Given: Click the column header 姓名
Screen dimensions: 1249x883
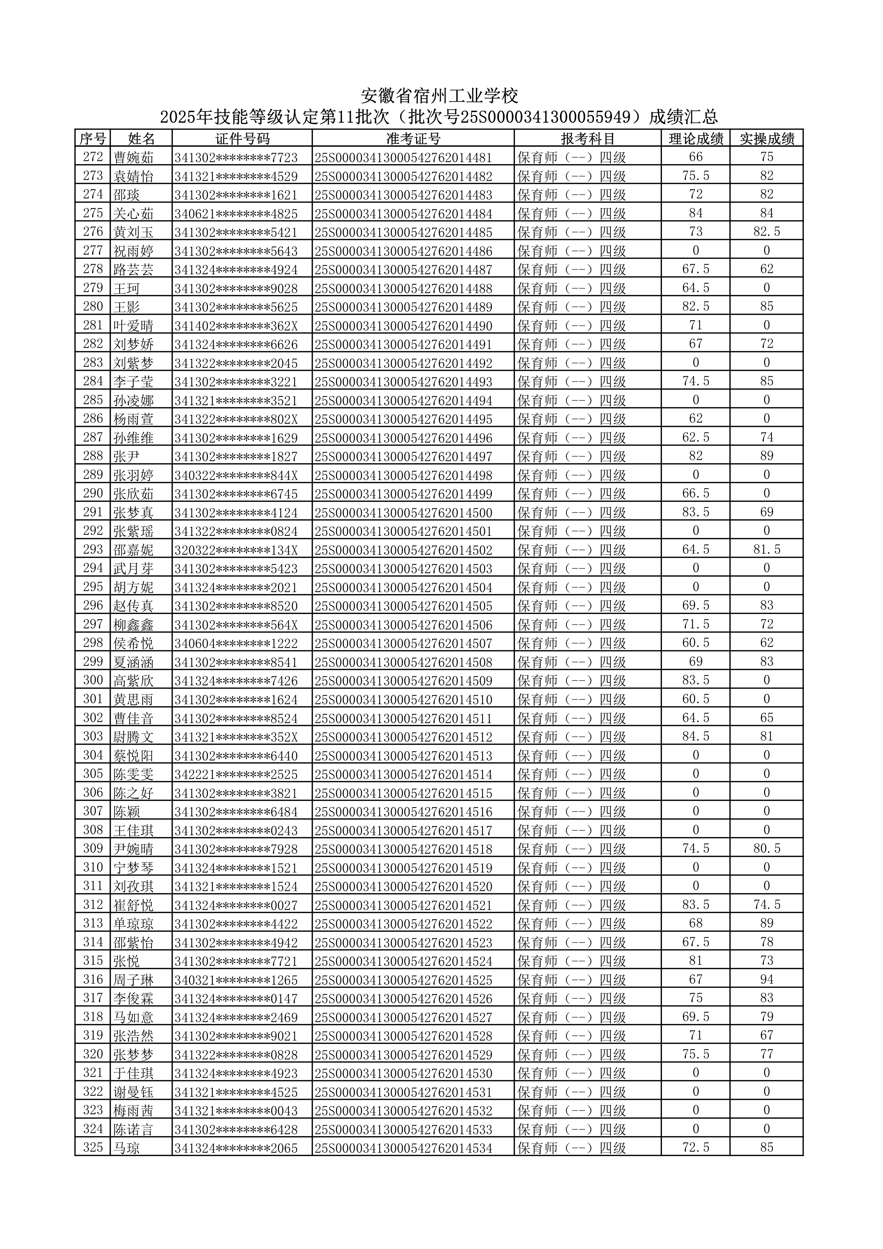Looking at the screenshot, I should pos(141,139).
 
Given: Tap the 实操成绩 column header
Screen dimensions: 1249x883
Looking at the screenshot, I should pos(767,139).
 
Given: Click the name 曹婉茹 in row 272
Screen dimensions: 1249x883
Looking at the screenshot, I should pos(134,158).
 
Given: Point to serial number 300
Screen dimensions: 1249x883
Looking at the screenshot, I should pos(93,680).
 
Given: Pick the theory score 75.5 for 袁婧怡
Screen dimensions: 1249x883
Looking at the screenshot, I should pos(695,176).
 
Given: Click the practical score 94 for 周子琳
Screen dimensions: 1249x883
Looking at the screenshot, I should pos(767,980).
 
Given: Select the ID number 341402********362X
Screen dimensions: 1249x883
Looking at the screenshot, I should pos(236,326).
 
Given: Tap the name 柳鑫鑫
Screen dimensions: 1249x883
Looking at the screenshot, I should pos(134,624).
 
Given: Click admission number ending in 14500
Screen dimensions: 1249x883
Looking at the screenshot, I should pos(404,513).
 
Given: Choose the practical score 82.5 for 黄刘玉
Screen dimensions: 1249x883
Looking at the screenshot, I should pos(767,232).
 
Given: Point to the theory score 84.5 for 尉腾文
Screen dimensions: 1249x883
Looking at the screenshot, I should pos(695,736).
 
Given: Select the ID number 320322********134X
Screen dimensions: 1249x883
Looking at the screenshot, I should pos(236,550).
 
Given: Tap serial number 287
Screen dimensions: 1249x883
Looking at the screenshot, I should pos(93,437).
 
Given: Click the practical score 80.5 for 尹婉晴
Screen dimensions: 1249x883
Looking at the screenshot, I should pos(767,849).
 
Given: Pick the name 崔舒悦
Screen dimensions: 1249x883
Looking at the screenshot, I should pos(134,905).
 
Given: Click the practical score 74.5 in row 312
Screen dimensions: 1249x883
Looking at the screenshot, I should pos(767,905).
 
